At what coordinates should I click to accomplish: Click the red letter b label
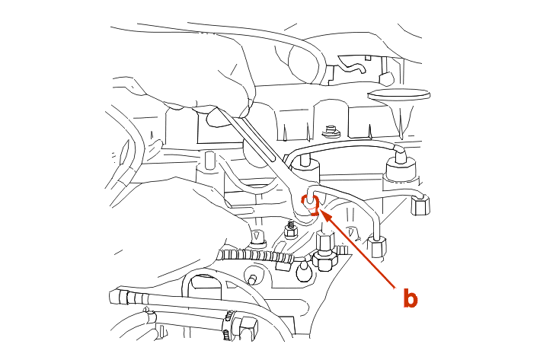[x=411, y=298]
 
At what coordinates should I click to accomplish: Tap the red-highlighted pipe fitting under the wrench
[x=310, y=205]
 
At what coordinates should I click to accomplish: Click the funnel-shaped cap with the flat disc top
[x=400, y=104]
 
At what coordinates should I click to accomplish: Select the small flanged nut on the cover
[x=331, y=131]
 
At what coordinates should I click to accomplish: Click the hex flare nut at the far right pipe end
[x=421, y=205]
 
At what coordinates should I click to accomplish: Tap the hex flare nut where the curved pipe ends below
[x=378, y=246]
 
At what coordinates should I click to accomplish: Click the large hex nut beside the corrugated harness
[x=324, y=250]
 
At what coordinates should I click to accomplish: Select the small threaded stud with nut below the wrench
[x=291, y=231]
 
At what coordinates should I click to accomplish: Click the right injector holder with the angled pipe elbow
[x=400, y=164]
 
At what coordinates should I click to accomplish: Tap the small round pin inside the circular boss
[x=252, y=278]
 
